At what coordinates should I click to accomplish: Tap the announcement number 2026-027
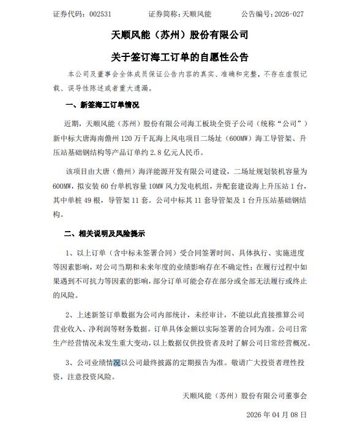tap(286, 12)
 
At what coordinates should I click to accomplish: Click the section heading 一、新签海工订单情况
tap(102, 105)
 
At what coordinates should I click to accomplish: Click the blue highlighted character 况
tap(118, 362)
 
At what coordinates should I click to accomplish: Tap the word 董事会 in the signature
tap(295, 396)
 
